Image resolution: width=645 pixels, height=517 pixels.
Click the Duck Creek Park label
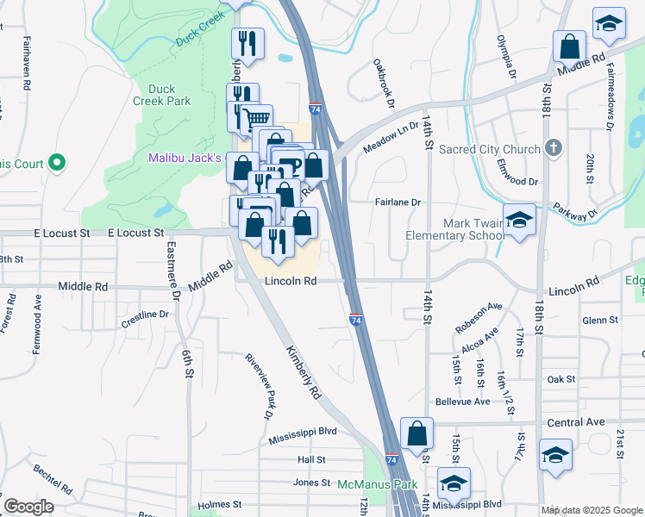coord(168,95)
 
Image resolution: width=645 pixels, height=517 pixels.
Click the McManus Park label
coord(377,485)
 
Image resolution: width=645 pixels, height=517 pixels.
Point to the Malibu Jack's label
coord(185,159)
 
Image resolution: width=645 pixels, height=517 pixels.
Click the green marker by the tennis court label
coord(57,161)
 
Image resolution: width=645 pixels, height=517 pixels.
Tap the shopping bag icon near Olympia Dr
coord(570,46)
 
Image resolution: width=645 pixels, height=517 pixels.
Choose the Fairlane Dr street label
coord(397,202)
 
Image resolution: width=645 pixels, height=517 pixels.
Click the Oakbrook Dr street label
coord(383,83)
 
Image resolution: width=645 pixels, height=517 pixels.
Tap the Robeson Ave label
coord(479,317)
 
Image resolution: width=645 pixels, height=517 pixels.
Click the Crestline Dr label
coord(145,315)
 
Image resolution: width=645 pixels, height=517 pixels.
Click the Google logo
coord(28,507)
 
